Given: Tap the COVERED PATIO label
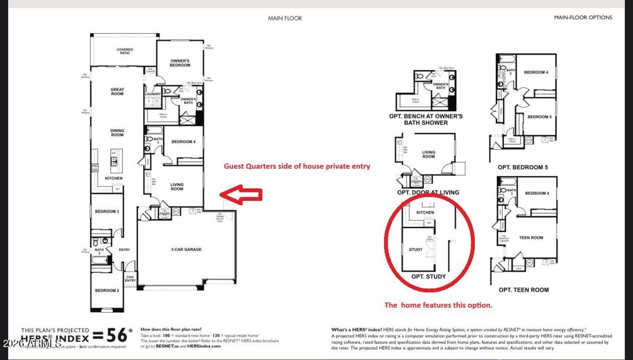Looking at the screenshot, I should [125, 51].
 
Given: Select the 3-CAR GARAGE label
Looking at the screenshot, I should [186, 249].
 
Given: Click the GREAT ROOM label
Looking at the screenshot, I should [117, 92].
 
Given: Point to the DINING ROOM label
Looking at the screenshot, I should [117, 132].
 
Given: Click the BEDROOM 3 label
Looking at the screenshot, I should [107, 211].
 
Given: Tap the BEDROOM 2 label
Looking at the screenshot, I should [107, 290].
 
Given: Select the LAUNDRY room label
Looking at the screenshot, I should [152, 94].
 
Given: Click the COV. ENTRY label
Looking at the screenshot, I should [130, 279].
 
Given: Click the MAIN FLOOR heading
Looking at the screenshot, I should [285, 18].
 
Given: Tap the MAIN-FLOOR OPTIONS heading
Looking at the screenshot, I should [583, 17].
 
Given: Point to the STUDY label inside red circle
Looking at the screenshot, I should [416, 249].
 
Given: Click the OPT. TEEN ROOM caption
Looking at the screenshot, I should [523, 289].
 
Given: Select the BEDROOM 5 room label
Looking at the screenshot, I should [539, 116].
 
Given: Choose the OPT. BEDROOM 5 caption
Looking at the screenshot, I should [522, 168].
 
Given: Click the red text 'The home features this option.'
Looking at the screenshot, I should [438, 305].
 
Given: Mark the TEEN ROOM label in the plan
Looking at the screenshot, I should [531, 238].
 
